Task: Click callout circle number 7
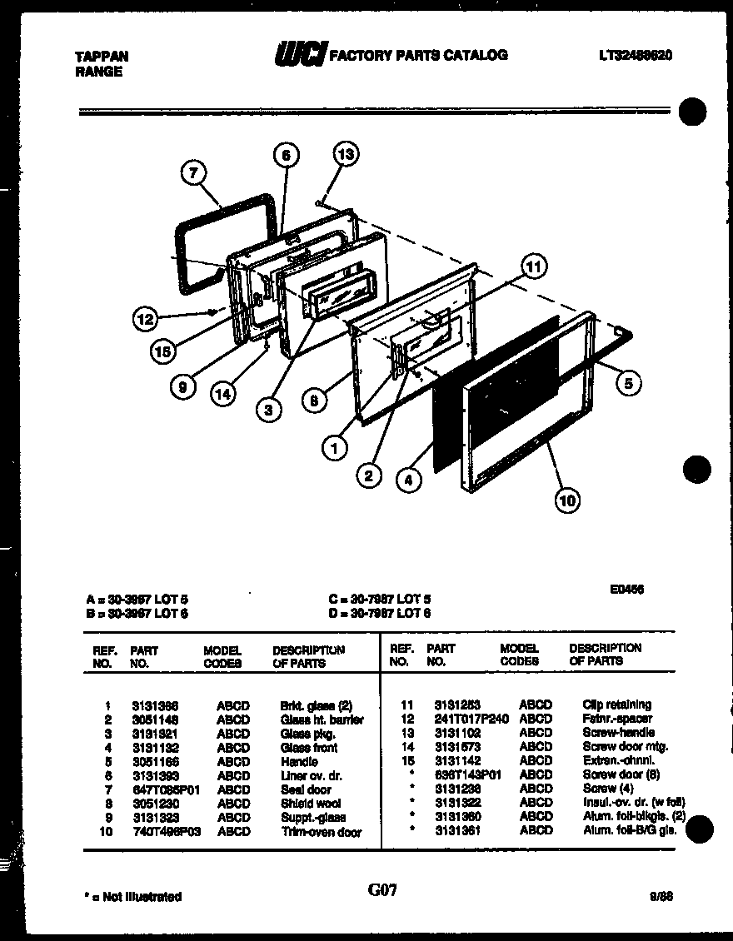[193, 173]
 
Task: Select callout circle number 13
[346, 153]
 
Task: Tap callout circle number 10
[567, 500]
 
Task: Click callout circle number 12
[147, 319]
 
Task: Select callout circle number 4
[407, 480]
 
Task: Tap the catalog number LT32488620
[635, 55]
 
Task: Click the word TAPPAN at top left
[102, 57]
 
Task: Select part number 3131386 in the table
[154, 705]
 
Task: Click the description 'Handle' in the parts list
[299, 761]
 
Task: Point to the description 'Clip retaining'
[616, 705]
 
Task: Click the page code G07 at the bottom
[382, 890]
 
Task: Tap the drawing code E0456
[627, 588]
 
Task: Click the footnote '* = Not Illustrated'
[133, 897]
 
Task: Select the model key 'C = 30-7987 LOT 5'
[379, 599]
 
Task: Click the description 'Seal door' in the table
[306, 789]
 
